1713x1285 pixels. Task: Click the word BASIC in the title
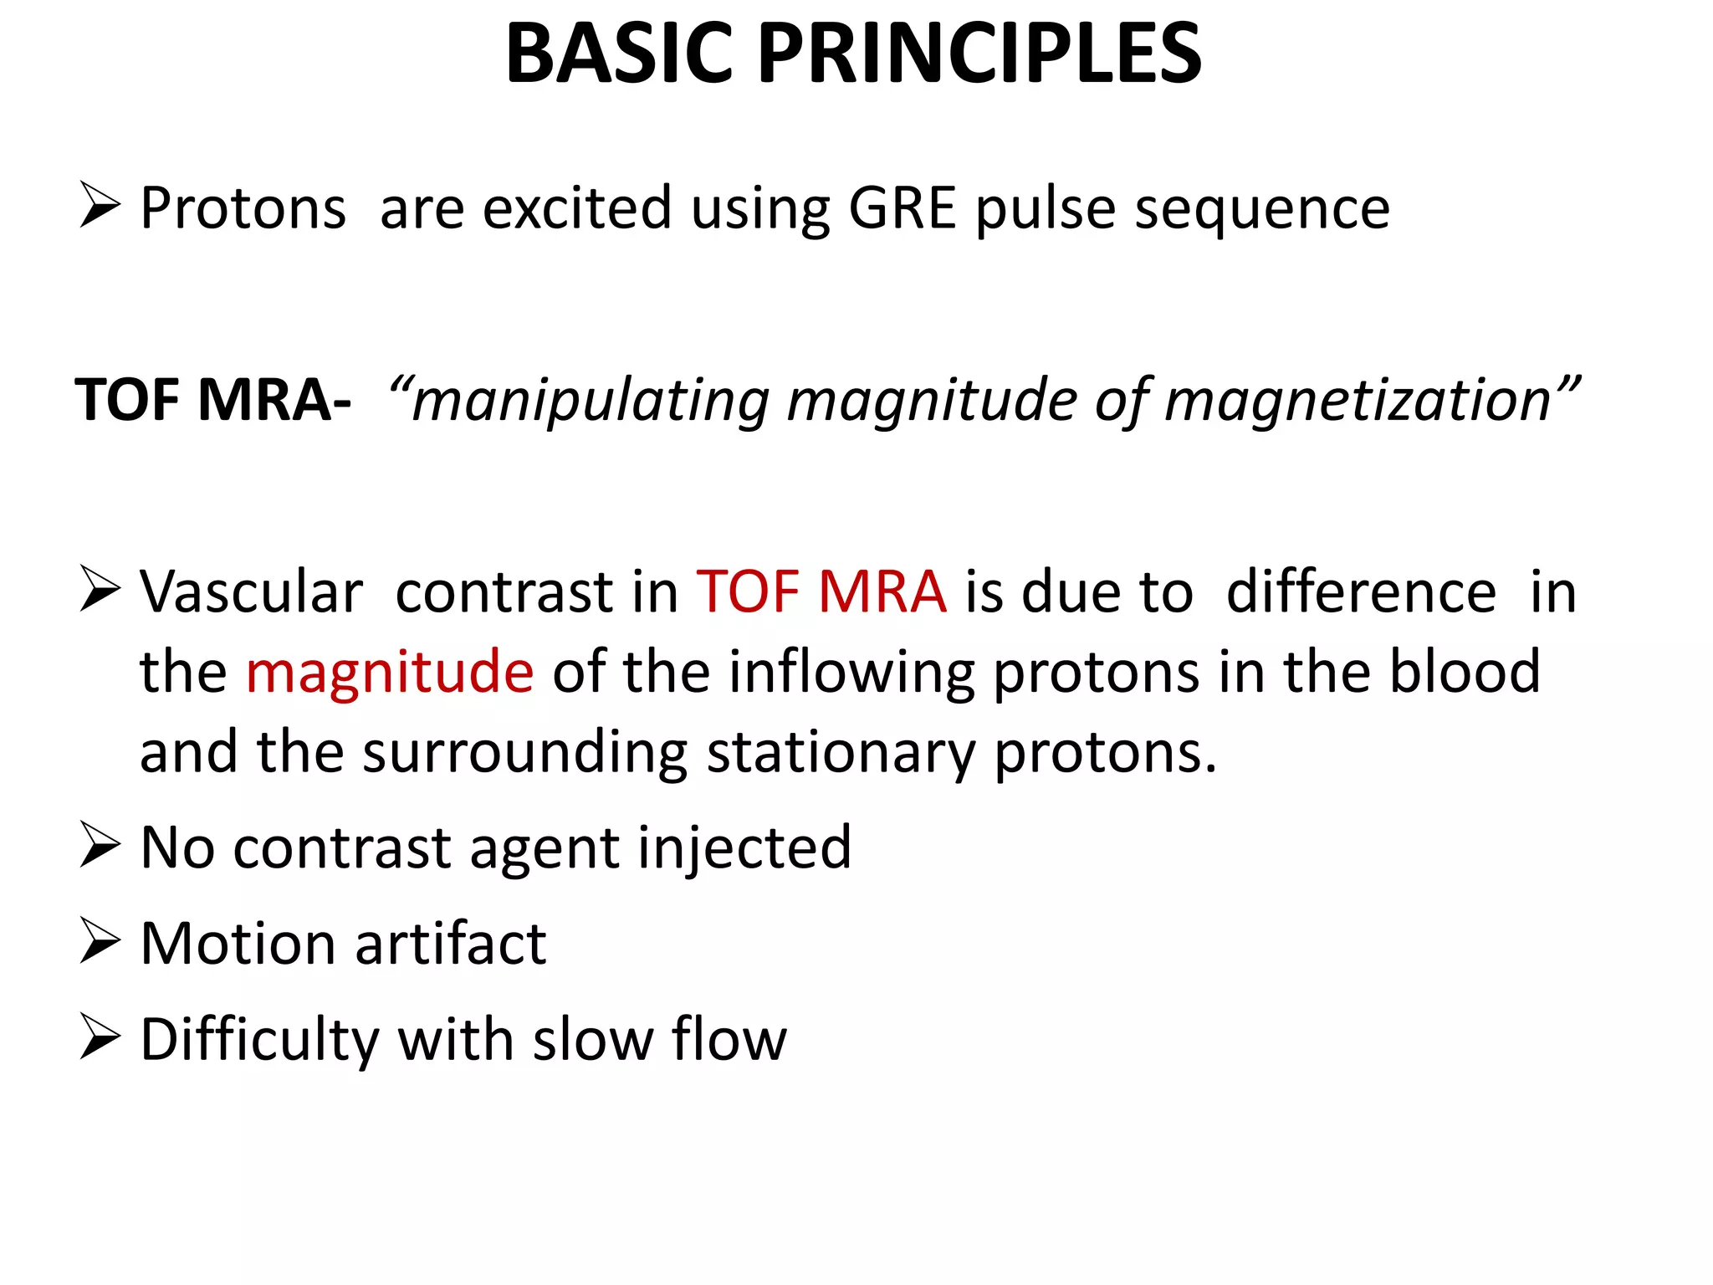(x=620, y=54)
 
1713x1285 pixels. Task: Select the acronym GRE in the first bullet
(x=902, y=207)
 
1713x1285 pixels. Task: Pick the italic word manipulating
(x=590, y=402)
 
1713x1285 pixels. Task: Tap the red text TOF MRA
(x=821, y=592)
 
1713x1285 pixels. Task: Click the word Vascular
(x=251, y=592)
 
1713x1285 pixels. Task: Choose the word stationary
(x=841, y=752)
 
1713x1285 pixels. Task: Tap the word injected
(x=744, y=848)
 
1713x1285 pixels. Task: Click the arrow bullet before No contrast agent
(x=100, y=845)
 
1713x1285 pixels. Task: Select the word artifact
(x=450, y=944)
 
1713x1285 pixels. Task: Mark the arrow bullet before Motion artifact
(x=100, y=941)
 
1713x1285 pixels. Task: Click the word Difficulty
(x=260, y=1040)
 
